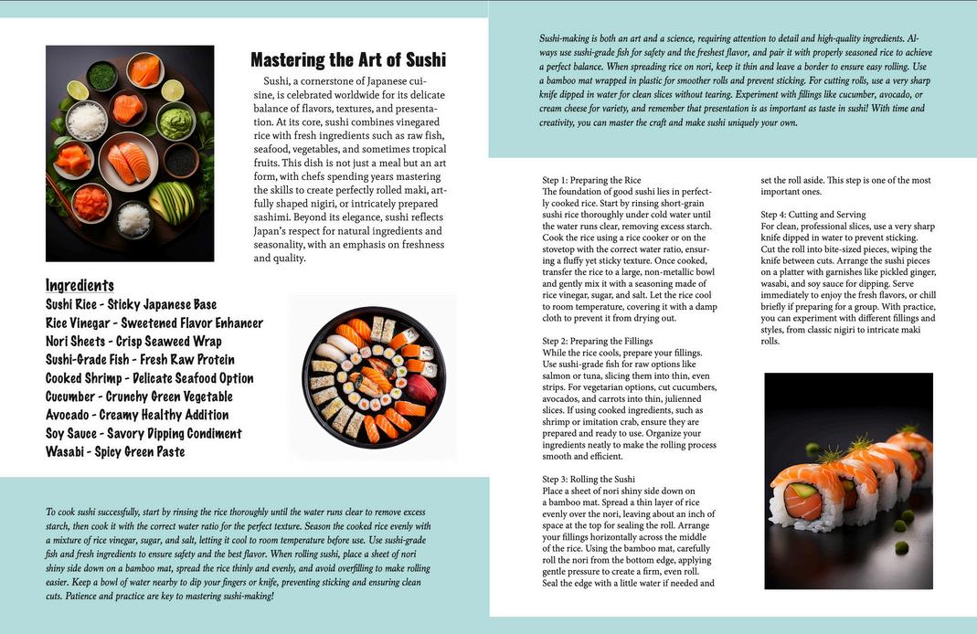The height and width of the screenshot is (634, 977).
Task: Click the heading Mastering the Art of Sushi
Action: coord(348,60)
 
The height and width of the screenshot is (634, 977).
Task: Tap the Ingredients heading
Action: coord(80,285)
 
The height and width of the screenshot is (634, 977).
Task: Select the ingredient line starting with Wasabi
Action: coord(115,451)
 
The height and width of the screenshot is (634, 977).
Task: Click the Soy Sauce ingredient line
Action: coord(143,433)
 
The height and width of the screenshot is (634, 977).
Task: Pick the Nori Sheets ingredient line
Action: coord(133,341)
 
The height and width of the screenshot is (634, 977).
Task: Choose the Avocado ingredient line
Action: coord(137,415)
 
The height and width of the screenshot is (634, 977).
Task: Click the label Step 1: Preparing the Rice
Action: coord(591,180)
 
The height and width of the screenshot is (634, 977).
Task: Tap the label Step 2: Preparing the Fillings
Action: coord(597,341)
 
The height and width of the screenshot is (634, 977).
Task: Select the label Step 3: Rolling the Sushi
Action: coord(589,479)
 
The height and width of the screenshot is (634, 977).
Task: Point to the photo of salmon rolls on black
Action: coord(848,481)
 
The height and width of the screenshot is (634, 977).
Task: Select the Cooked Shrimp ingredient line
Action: coord(149,378)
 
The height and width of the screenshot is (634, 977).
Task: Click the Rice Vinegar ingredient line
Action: coord(154,322)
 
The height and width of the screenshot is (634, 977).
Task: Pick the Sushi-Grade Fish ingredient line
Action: coord(140,359)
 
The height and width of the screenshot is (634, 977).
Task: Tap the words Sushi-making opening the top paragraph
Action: coord(564,38)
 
